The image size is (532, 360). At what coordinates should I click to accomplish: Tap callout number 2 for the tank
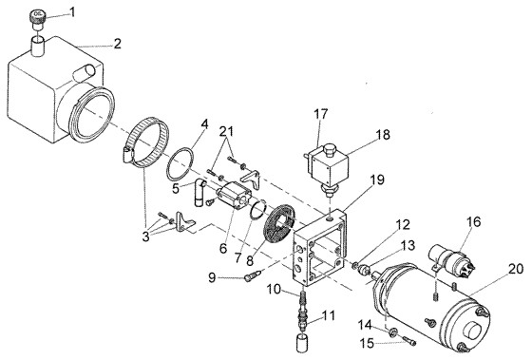117,44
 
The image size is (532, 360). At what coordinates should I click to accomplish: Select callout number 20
514,269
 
